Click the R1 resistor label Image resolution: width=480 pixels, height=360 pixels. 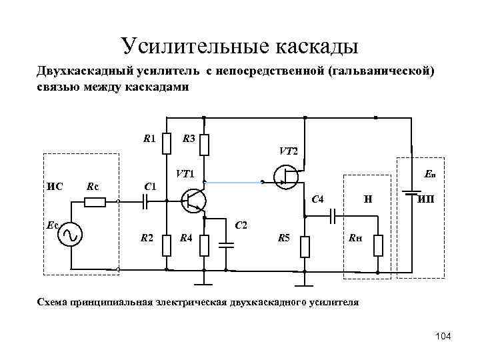pos(150,139)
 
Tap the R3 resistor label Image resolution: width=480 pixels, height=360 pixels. pos(188,139)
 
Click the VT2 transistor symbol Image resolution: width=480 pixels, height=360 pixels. pos(287,176)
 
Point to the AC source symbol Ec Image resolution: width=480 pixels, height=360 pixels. pos(69,234)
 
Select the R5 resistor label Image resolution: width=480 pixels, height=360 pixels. pos(284,238)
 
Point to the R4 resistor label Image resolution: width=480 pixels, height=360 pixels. pos(187,238)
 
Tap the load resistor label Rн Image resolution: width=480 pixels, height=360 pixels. pos(353,238)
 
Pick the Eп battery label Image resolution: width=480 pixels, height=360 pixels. pos(429,175)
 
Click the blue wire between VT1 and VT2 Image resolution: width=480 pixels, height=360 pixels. pos(233,181)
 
